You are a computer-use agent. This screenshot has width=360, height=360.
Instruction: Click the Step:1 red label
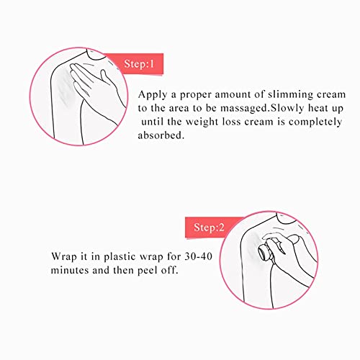135,63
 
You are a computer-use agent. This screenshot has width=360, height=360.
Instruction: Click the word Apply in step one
153,95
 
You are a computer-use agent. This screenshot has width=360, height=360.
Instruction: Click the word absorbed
161,135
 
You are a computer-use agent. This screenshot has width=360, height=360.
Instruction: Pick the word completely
315,122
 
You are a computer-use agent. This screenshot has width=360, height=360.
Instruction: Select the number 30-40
199,256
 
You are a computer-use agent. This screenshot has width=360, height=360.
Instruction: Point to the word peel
148,271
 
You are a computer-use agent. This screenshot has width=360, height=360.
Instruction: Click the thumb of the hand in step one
106,77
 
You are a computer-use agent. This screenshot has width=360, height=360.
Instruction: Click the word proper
195,95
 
